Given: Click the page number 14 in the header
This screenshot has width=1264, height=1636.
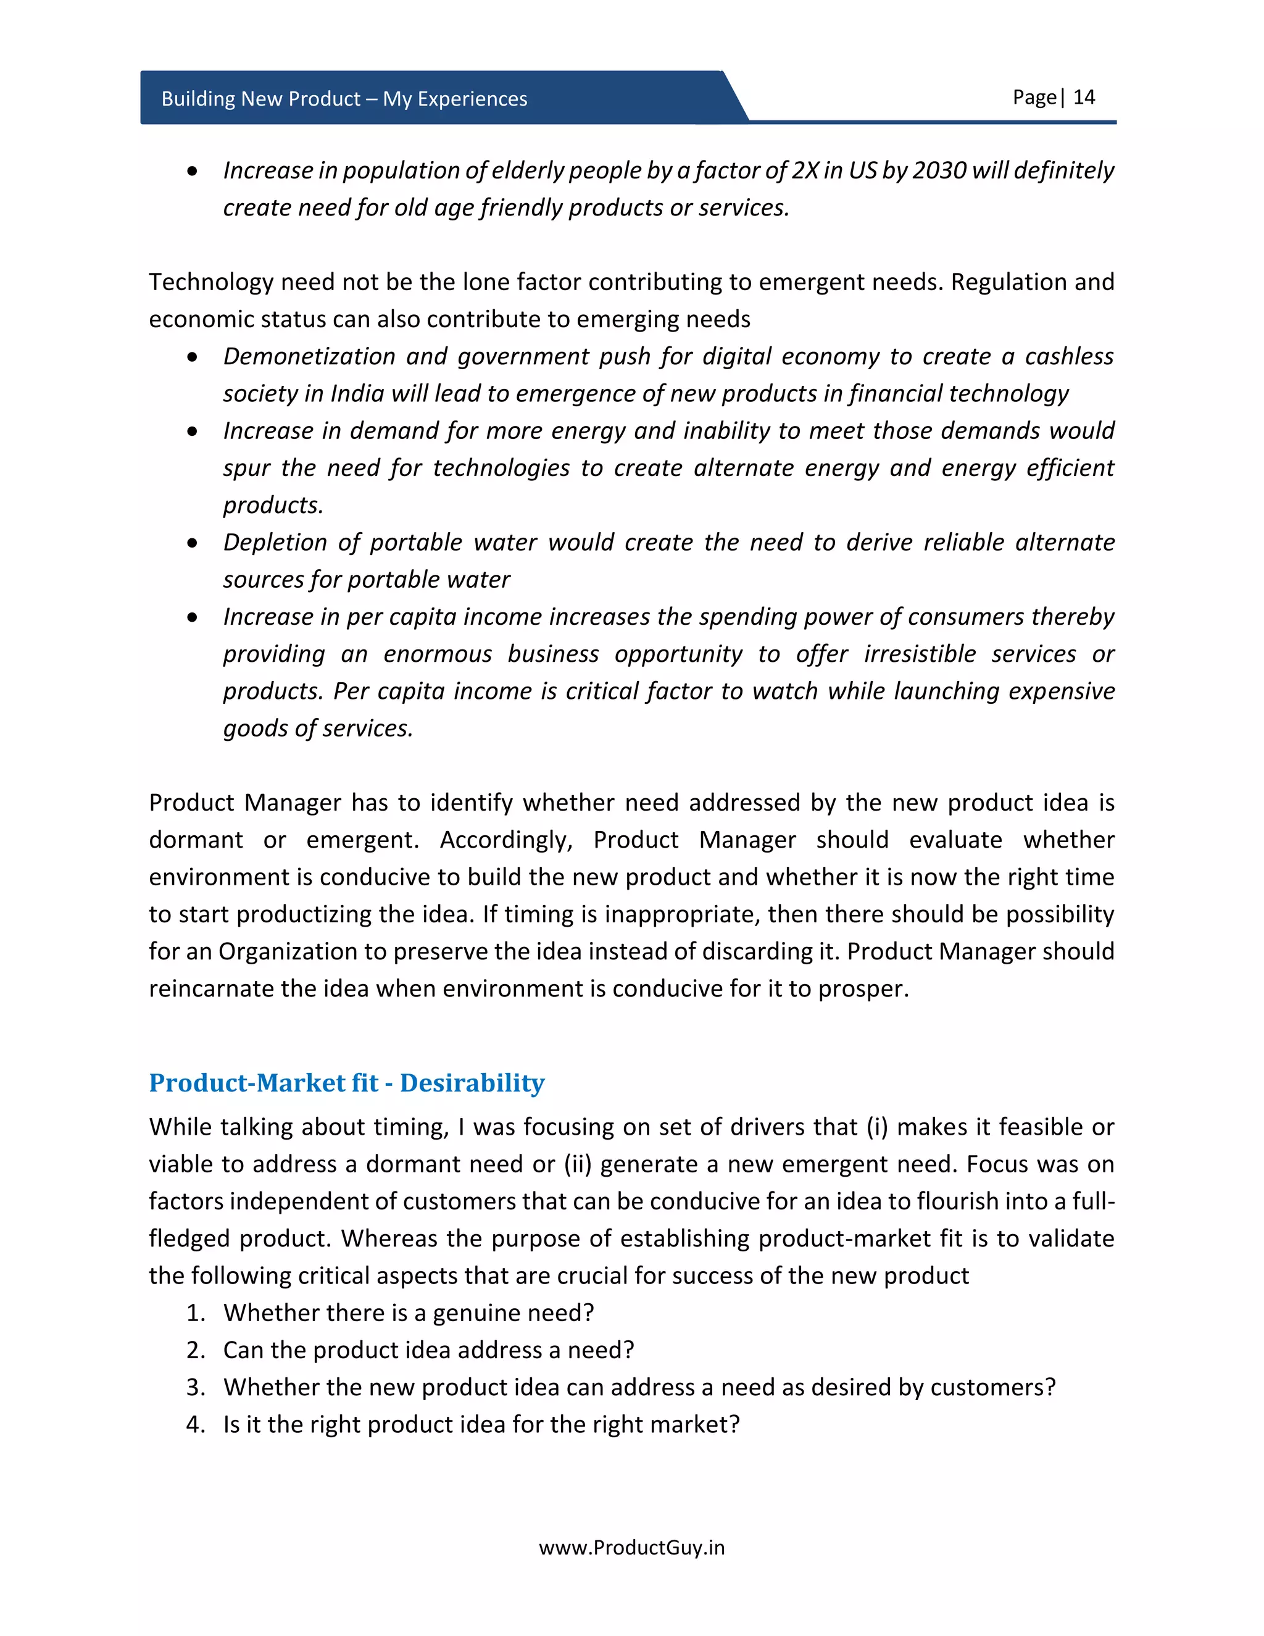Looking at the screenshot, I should pos(1084,98).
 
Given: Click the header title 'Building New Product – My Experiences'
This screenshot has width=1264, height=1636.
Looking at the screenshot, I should pos(344,99).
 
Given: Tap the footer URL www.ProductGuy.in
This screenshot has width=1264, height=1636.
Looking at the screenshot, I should pos(631,1548).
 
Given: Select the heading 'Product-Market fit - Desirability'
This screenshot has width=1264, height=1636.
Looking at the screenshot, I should pos(347,1082).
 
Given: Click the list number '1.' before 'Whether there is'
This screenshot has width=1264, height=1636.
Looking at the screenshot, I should pos(196,1313).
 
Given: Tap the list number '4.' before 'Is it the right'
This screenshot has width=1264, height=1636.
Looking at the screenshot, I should pos(196,1424).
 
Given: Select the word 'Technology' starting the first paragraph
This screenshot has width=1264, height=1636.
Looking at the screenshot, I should pos(211,282).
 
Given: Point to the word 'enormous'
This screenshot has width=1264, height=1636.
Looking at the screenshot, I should pos(438,654).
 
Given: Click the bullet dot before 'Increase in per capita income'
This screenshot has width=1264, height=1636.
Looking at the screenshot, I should pos(193,617).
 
